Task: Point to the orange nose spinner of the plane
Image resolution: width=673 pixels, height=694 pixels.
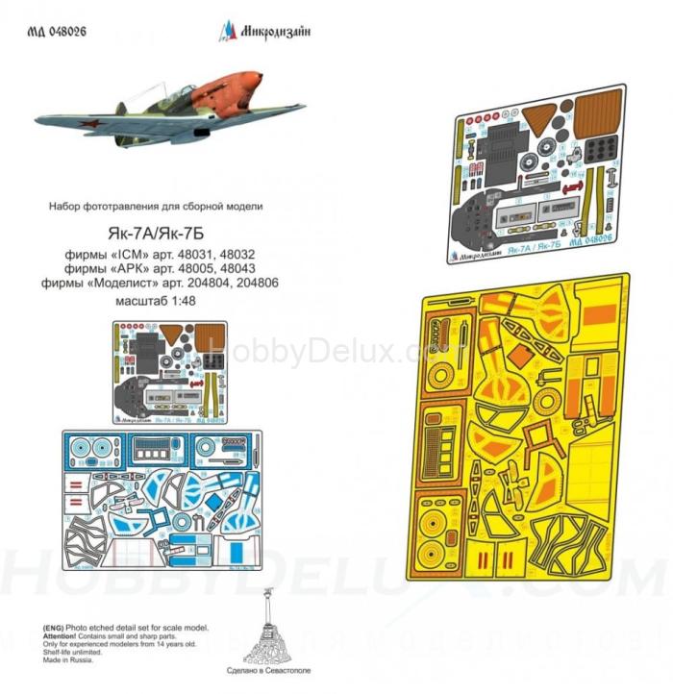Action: point(252,86)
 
